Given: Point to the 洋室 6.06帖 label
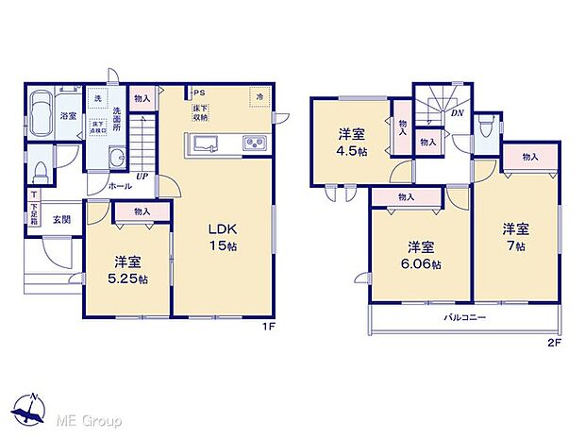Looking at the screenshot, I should (x=422, y=255).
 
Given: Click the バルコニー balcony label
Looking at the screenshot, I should (x=465, y=318).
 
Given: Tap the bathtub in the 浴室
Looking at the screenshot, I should (x=42, y=116).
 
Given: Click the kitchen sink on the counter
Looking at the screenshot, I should (x=208, y=144).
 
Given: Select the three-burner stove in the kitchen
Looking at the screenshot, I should (x=255, y=144).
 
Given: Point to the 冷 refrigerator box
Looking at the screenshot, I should (x=257, y=95).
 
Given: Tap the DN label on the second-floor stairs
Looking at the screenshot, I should (x=457, y=112).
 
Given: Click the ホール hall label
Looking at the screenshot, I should (x=121, y=187).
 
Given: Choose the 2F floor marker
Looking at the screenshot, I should (x=555, y=341).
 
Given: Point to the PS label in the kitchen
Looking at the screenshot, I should (x=199, y=93).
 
